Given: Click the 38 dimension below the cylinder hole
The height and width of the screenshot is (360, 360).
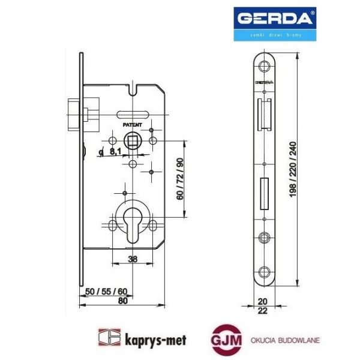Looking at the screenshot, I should (x=133, y=259).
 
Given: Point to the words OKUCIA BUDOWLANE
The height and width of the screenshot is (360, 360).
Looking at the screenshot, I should (x=286, y=340).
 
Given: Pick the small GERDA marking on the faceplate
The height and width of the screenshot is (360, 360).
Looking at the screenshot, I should (x=264, y=79).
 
